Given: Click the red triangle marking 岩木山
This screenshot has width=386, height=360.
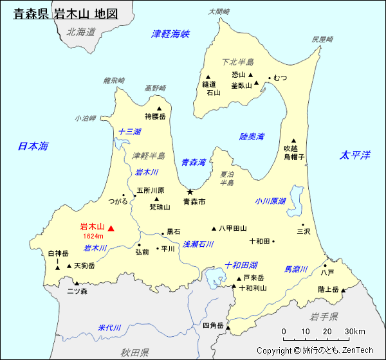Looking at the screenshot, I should (111, 228).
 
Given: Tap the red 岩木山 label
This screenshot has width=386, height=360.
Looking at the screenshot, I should (92, 227).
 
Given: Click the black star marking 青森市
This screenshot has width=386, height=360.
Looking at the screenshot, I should (190, 192).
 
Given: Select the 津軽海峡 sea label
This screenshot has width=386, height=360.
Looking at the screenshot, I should (170, 33).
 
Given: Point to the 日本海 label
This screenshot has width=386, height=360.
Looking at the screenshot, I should (33, 147).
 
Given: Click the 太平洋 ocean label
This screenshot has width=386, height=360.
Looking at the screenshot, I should (355, 155).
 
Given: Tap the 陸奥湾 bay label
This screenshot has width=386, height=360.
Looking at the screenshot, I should (252, 137).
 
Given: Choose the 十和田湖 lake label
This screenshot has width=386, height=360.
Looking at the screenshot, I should (241, 265).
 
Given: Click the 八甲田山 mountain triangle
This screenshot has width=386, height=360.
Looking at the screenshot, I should (214, 228).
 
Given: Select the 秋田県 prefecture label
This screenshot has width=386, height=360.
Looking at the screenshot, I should (134, 352).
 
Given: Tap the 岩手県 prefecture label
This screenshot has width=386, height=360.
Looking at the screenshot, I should (324, 316).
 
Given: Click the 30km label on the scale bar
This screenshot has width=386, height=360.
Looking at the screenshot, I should (354, 331).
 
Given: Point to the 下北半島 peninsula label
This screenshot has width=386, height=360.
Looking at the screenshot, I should (237, 62).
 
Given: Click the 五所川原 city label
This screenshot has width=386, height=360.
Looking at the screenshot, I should (151, 190).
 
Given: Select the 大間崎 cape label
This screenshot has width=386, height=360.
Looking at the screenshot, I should (219, 12).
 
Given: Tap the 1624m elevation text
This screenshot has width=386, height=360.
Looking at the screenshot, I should (93, 237).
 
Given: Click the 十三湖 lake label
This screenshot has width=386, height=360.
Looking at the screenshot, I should (129, 132).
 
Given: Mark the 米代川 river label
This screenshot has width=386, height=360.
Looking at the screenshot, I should (109, 327).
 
